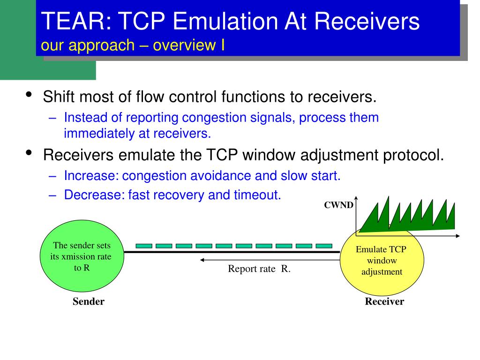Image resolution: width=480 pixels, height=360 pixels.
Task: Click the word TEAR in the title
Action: point(74,21)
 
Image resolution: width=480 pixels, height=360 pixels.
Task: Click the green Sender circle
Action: point(82,256)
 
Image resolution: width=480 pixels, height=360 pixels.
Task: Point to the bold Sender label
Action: point(89,301)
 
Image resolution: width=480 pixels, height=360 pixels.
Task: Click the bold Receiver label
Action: point(384,301)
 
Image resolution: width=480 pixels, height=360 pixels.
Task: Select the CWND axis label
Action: point(338,205)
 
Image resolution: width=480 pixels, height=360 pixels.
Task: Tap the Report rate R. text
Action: point(259,269)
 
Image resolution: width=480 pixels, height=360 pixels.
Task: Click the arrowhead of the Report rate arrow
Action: point(202,260)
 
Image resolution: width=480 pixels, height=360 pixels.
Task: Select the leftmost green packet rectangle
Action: point(144,246)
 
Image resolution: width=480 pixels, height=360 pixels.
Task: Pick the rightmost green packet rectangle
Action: point(324,246)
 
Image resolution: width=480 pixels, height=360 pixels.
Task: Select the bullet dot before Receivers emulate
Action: point(29,152)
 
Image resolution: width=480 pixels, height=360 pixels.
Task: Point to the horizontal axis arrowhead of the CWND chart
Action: point(458,236)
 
